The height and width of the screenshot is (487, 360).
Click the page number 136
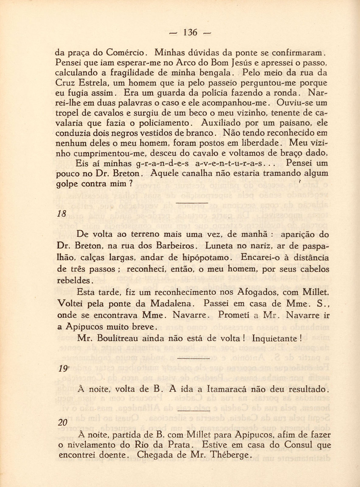tap(190, 32)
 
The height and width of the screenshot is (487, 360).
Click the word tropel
tap(68, 113)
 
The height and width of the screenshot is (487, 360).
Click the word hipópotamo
tap(208, 257)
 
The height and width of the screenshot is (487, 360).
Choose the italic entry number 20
tap(62, 423)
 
